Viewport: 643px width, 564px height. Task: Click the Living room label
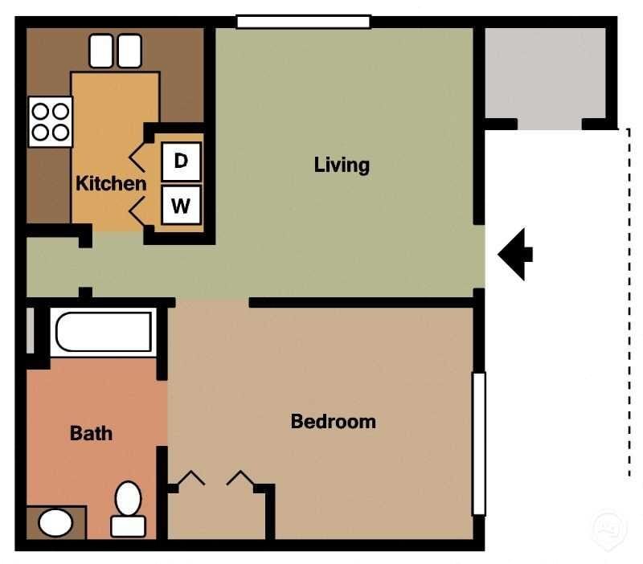click(x=342, y=166)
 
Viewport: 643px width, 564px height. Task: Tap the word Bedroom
click(x=333, y=421)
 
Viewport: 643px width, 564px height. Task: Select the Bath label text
click(x=91, y=434)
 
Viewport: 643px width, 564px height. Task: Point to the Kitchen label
click(x=111, y=183)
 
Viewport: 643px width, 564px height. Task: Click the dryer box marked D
click(x=181, y=161)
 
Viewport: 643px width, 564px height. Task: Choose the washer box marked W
click(x=181, y=206)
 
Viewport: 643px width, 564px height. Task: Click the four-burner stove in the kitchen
click(x=50, y=121)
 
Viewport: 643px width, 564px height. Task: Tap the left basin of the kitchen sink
click(x=101, y=51)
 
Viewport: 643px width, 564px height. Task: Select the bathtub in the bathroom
click(x=102, y=332)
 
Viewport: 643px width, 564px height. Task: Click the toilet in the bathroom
click(x=128, y=508)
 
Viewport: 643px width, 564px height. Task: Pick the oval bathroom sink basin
click(x=55, y=524)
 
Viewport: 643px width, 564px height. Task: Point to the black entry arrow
click(x=515, y=254)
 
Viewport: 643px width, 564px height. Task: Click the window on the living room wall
click(x=303, y=22)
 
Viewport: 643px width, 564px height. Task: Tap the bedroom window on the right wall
click(x=478, y=443)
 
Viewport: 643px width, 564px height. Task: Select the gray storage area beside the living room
click(x=545, y=76)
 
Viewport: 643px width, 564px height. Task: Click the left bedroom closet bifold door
click(x=190, y=479)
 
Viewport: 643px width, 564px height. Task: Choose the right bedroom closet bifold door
click(x=240, y=479)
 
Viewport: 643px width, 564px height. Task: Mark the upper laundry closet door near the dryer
click(x=137, y=157)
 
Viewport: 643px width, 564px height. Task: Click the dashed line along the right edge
click(x=628, y=305)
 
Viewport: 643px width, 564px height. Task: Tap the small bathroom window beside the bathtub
click(x=30, y=330)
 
